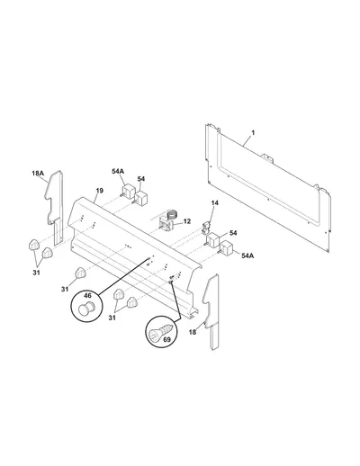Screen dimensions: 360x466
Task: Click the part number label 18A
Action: [38, 173]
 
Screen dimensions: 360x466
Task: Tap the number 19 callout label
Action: [100, 191]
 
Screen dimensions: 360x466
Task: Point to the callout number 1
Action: [253, 132]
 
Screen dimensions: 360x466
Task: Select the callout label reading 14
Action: [215, 203]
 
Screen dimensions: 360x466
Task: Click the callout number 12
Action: [187, 221]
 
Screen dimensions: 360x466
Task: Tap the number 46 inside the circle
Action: [87, 296]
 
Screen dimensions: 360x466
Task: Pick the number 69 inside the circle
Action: [166, 339]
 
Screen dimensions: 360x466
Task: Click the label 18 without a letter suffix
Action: [193, 332]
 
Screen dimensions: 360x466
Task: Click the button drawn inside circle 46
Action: [86, 309]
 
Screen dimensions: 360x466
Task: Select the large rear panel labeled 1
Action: [268, 187]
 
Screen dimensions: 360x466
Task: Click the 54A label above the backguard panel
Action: [118, 171]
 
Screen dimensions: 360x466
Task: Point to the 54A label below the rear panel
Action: [247, 255]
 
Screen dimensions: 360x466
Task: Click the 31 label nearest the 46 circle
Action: [65, 289]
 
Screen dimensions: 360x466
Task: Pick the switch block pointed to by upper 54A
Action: [128, 192]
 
